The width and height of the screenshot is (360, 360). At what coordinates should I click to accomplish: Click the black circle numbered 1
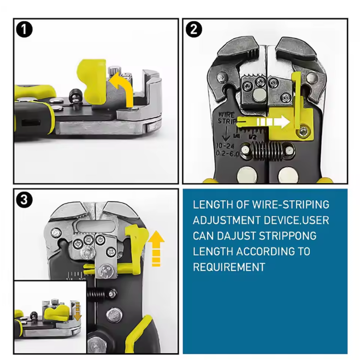point(24,30)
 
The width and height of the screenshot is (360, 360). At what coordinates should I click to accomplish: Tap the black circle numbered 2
point(194,30)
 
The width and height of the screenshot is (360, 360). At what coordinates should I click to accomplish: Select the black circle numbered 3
point(24,199)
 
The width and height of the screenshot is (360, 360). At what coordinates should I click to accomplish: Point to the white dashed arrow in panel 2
point(273,121)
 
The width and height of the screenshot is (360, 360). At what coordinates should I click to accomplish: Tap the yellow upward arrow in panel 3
point(156,248)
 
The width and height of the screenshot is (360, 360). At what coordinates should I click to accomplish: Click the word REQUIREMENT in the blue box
point(229,267)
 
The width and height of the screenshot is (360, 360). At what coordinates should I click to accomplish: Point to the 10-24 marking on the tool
point(225,146)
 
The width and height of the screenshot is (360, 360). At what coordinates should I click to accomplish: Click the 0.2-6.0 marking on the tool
point(228,153)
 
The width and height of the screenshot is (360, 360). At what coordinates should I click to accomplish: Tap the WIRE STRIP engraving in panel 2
point(227,117)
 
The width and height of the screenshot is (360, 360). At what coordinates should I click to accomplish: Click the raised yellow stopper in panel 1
point(92,81)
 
